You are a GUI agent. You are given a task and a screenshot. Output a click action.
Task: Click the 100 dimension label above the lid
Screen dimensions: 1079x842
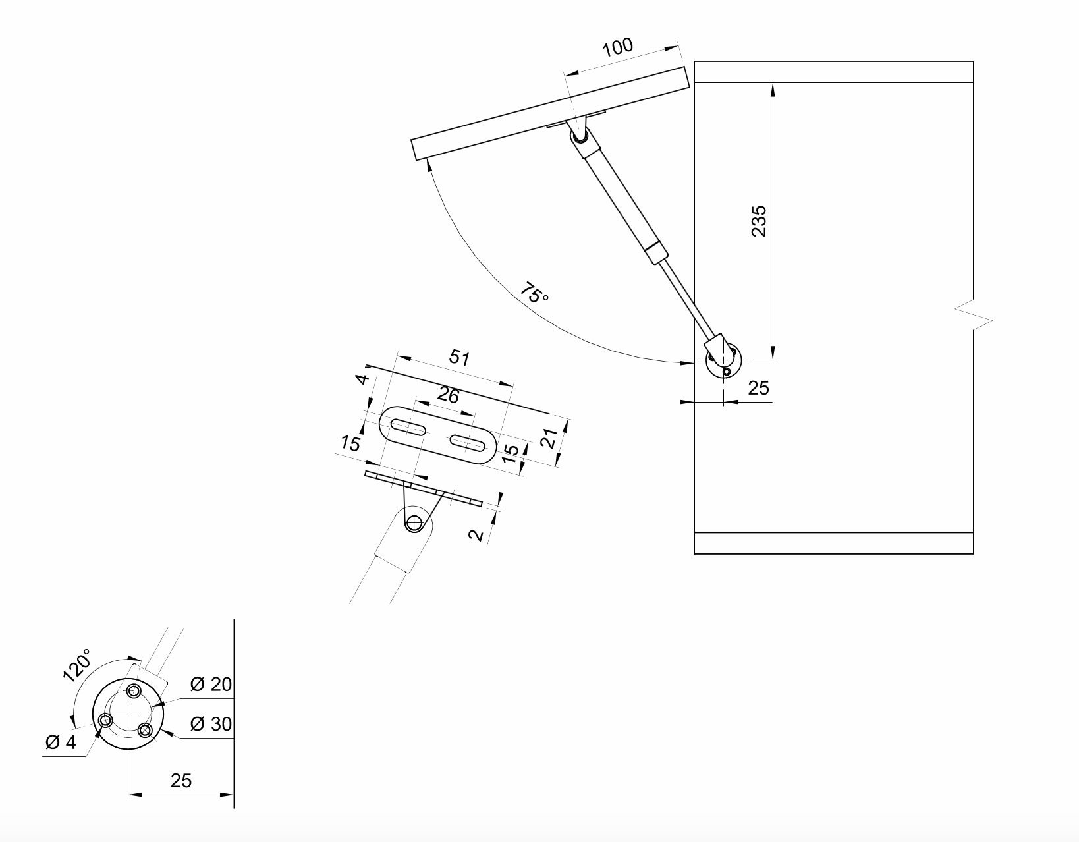click(618, 47)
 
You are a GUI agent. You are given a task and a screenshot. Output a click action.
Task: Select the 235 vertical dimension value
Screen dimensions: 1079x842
click(759, 221)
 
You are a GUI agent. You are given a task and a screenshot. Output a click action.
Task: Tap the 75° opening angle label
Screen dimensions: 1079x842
click(534, 293)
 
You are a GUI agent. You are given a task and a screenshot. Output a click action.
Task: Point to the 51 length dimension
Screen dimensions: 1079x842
click(459, 358)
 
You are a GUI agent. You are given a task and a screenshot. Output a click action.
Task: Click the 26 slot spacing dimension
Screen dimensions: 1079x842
click(449, 396)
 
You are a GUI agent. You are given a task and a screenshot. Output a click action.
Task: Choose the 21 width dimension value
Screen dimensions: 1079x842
click(549, 439)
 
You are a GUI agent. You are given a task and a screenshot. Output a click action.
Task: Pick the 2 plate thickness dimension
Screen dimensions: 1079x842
click(476, 535)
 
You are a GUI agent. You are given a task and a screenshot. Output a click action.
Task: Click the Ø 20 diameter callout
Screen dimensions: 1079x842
click(211, 684)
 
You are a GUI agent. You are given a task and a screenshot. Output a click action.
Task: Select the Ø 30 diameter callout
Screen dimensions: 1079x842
click(211, 724)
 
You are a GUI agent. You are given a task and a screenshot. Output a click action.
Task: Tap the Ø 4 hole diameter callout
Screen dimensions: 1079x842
click(61, 743)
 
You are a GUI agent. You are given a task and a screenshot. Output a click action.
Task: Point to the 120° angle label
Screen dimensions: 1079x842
click(78, 665)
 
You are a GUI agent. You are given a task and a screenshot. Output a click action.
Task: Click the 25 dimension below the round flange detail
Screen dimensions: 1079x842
click(180, 781)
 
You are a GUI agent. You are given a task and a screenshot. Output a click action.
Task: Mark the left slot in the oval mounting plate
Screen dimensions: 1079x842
click(408, 427)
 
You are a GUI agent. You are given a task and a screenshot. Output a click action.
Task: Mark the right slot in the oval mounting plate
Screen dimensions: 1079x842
click(468, 443)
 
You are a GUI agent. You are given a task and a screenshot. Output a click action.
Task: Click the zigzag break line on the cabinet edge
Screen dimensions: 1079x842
click(974, 315)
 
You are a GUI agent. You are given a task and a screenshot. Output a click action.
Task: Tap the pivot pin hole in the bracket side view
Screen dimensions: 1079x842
click(414, 522)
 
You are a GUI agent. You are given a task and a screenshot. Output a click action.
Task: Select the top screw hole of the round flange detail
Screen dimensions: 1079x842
click(134, 690)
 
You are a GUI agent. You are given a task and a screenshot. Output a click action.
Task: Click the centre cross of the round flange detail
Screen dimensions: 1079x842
click(128, 714)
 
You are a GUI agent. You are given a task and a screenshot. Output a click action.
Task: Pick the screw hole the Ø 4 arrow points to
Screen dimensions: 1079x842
click(105, 720)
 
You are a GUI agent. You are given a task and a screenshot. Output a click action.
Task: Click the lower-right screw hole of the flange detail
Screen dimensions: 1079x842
click(145, 730)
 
